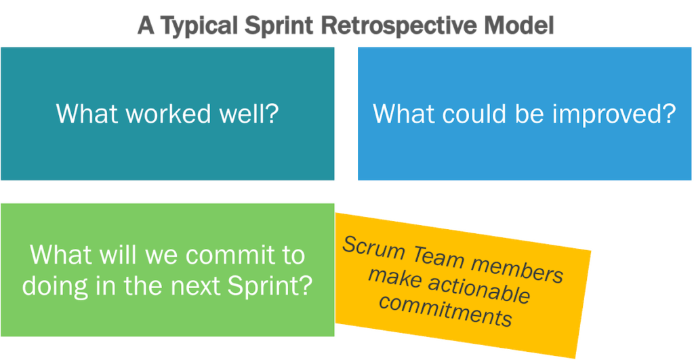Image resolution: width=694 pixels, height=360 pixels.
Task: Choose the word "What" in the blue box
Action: pos(402,113)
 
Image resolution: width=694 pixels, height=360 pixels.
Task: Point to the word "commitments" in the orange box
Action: pos(445,308)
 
